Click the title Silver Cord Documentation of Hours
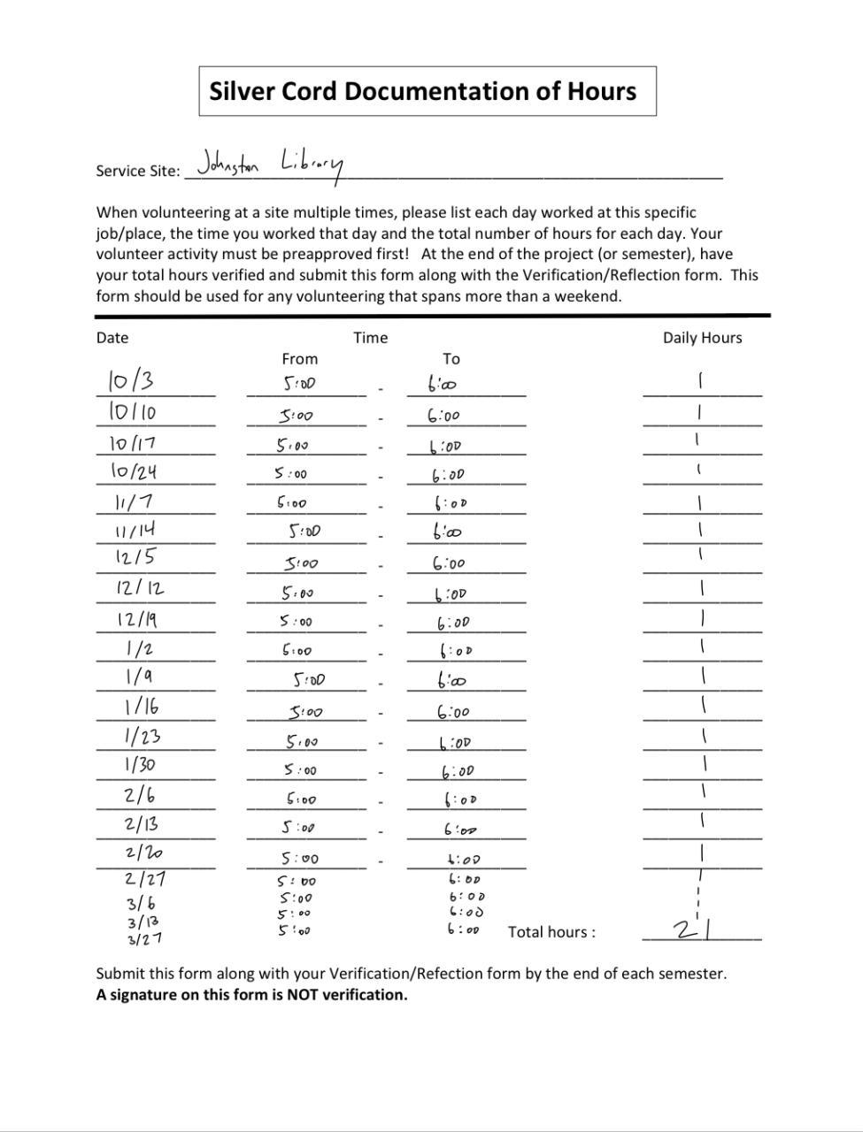coord(423,91)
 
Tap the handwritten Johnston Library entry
coord(269,164)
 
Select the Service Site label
coord(137,172)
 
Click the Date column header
coord(112,338)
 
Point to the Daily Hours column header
coord(702,338)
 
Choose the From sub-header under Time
coord(299,359)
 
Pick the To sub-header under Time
coord(451,359)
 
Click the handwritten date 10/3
coord(130,381)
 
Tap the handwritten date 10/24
coord(134,471)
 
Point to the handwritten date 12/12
coord(140,588)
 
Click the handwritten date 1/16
coord(142,707)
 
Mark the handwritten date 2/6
coord(140,795)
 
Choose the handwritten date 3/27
coord(143,939)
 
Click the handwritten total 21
coord(695,929)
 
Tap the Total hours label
coord(551,932)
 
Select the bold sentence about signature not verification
coord(251,995)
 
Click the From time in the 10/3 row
coord(299,385)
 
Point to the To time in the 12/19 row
coord(454,623)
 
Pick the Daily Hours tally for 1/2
coord(702,647)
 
